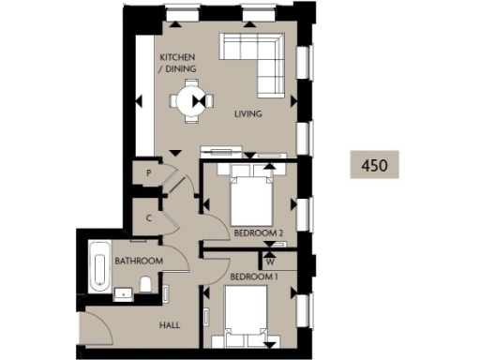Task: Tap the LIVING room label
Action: coord(247,114)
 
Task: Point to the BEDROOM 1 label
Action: coord(254,277)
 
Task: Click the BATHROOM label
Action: coord(139,261)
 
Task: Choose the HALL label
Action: coord(170,325)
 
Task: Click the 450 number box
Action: coord(374,164)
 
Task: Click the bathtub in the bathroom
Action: coord(97,267)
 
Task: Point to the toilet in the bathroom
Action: coord(145,284)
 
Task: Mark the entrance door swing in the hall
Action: coord(96,330)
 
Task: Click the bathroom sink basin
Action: coord(122,292)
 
